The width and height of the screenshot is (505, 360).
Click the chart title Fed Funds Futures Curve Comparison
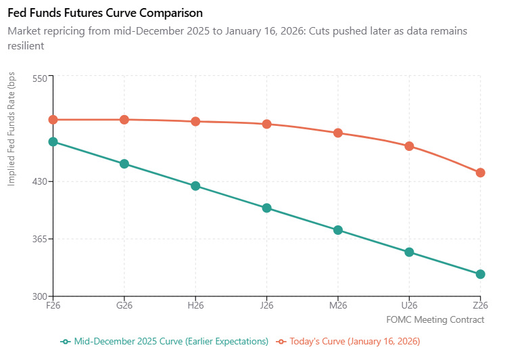pos(105,13)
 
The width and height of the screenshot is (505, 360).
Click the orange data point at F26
pos(53,120)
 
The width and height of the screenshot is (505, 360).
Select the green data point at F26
pos(53,141)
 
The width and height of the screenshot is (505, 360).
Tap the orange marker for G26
pos(124,120)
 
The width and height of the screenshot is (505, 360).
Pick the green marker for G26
pos(124,164)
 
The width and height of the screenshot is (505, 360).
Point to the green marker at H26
pos(195,186)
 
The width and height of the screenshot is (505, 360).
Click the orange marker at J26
pos(267,124)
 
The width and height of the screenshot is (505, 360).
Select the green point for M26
pos(338,230)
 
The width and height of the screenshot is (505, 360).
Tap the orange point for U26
pos(409,146)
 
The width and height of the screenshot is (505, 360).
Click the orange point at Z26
pos(480,173)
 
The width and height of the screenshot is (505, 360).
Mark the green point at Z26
pos(480,274)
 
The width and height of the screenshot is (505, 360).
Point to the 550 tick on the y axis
pos(39,78)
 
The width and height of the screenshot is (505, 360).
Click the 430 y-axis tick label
pos(39,182)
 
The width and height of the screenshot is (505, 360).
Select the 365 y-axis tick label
pos(39,240)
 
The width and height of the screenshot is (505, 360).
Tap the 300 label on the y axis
pos(39,297)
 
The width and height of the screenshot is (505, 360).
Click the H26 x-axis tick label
pos(195,306)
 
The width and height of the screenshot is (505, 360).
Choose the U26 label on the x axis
pos(409,306)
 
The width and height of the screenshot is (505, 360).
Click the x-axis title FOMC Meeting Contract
pos(435,319)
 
